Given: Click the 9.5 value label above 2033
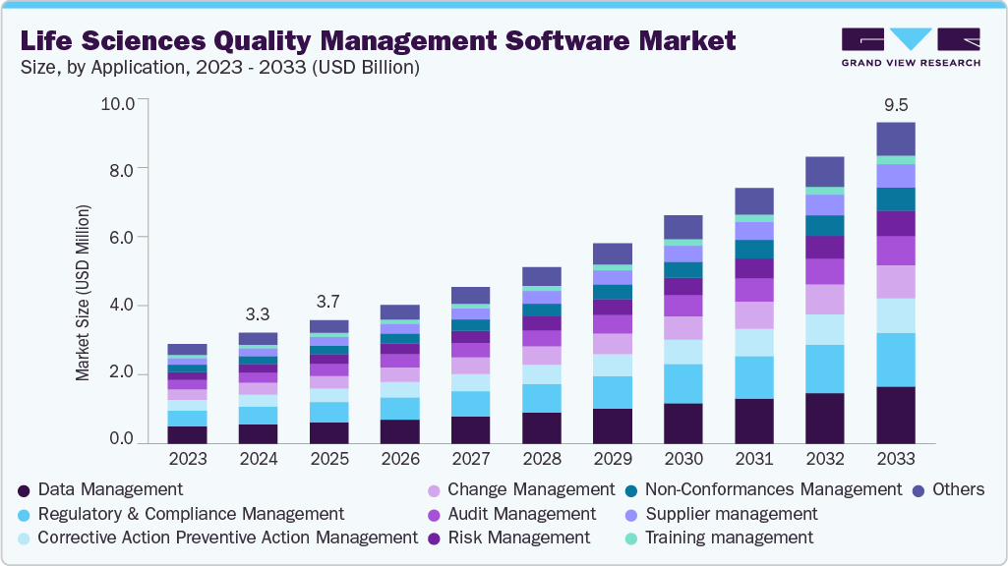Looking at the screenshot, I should point(895,106).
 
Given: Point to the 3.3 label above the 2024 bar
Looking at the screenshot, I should point(258,315).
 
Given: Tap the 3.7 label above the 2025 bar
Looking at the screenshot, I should point(328,302).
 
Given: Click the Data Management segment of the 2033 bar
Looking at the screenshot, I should point(895,415).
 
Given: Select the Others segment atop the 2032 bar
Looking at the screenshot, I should point(824,172).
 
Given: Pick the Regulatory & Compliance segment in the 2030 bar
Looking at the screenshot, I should point(682,383).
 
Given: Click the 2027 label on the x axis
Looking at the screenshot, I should point(470,459).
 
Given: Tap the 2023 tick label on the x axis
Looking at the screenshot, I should point(187,459).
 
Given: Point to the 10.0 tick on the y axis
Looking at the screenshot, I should point(124,102).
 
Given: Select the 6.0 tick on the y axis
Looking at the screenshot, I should point(128,237).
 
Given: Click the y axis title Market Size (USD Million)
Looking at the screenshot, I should point(84,293).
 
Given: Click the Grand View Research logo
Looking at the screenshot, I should point(910,46).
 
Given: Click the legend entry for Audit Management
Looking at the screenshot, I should point(521,514).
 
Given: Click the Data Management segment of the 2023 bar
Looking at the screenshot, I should point(187,434).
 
